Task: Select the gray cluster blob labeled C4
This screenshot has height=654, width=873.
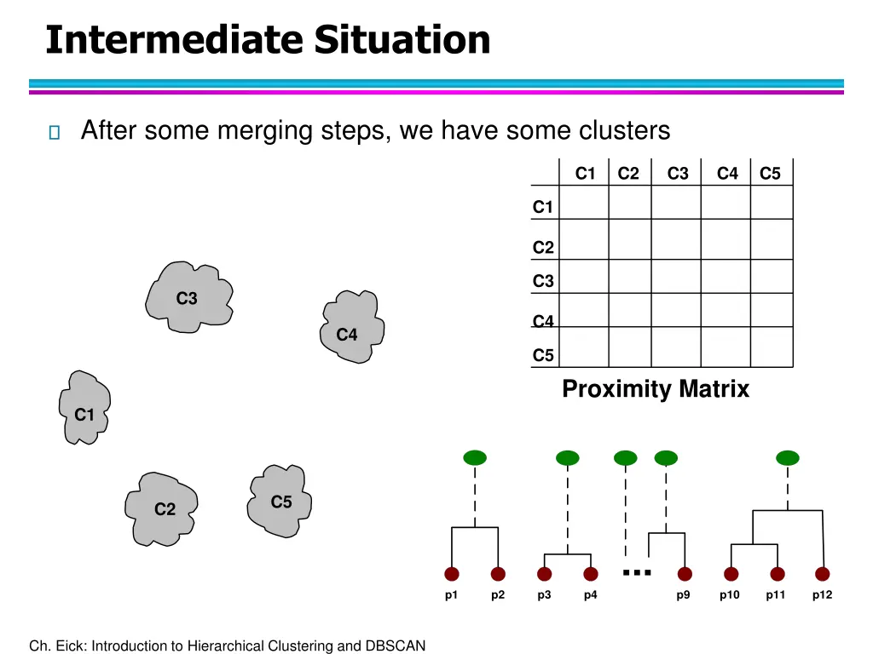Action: coord(350,328)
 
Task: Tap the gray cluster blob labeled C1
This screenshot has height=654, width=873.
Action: coord(84,410)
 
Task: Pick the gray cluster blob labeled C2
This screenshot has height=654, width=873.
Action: coord(162,508)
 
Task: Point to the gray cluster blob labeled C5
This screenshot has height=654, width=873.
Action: coord(280,501)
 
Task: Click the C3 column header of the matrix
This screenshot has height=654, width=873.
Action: coord(678,174)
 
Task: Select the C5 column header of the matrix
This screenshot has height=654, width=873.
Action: coord(770,174)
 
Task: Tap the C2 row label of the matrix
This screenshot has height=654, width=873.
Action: coord(543,248)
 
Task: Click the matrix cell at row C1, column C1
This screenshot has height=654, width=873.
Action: coord(584,203)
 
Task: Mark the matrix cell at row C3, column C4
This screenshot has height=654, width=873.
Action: coord(725,276)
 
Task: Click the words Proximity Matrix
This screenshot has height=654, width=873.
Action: coord(655,389)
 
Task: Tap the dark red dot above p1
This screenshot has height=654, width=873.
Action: coord(452,574)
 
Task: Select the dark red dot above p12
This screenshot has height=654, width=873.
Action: coord(822,574)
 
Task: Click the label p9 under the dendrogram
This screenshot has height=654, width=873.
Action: coord(684,595)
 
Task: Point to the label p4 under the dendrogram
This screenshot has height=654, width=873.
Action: coord(590,595)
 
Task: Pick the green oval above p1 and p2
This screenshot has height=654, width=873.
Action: coord(475,458)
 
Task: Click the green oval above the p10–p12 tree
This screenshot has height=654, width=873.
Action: coord(788,458)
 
